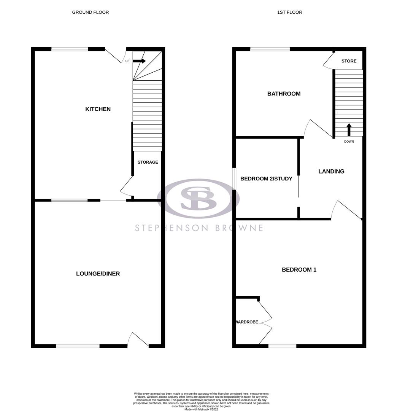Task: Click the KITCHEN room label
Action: point(98,109)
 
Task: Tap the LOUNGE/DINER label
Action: point(98,274)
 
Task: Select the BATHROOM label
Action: point(284,94)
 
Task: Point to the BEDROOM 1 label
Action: point(299,270)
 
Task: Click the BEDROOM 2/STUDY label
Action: point(266,178)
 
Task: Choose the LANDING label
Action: point(331,172)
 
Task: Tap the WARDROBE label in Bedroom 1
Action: point(247,322)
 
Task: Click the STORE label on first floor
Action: point(349,61)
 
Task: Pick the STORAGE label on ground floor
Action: point(148,162)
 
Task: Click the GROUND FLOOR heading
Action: point(91,12)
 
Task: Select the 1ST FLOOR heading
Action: point(290,12)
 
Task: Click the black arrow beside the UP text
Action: point(139,61)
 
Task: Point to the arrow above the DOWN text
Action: point(349,129)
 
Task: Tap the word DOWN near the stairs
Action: point(349,142)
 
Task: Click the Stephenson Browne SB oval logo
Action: point(198,199)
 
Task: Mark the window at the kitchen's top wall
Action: point(70,49)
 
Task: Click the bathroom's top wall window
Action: point(270,49)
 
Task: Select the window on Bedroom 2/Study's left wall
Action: point(234,178)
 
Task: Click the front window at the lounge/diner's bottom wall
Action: point(78,346)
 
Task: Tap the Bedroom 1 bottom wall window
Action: point(282,346)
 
